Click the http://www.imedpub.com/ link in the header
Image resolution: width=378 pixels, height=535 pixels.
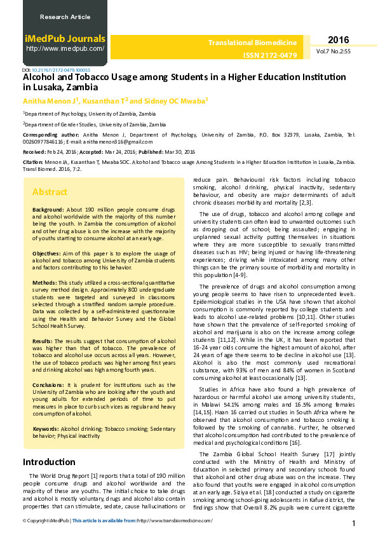(65, 48)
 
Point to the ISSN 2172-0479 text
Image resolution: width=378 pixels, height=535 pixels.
(270, 55)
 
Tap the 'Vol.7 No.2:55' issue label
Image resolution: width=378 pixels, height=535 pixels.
(333, 51)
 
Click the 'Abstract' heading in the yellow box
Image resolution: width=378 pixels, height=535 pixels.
(50, 192)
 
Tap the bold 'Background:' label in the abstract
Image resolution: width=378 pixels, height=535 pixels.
(48, 209)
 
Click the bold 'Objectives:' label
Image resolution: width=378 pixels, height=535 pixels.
(47, 253)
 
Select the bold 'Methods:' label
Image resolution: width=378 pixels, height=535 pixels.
(44, 282)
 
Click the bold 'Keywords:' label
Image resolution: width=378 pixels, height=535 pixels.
(47, 429)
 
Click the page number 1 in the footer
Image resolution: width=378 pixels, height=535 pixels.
(354, 524)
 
